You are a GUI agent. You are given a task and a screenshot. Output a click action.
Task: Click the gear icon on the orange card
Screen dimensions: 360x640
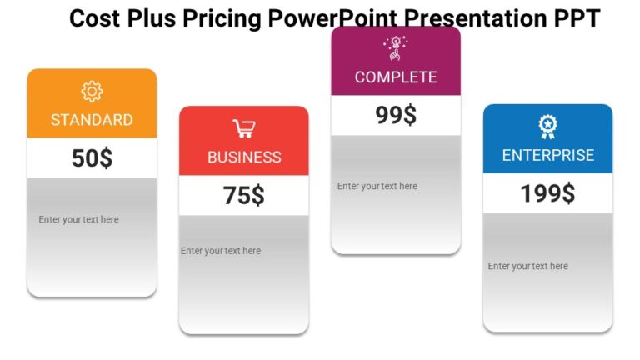(92, 92)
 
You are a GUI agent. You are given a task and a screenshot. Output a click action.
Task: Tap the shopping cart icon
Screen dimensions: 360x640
(244, 128)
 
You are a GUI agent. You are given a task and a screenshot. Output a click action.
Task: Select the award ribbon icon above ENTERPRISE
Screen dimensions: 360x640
(547, 127)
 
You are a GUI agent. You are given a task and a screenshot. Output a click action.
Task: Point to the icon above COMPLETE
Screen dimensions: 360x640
(396, 48)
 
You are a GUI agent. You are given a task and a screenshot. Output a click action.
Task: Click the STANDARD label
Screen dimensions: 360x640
(92, 120)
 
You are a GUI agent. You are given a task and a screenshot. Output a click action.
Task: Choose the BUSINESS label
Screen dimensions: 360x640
(244, 157)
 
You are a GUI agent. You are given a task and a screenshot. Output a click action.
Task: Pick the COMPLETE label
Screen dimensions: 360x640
(396, 77)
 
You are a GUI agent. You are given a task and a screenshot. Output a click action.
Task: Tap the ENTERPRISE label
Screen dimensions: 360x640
(547, 156)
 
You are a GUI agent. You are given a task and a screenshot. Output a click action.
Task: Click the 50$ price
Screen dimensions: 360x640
(92, 158)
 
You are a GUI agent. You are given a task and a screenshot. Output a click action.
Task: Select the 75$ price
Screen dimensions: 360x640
(244, 196)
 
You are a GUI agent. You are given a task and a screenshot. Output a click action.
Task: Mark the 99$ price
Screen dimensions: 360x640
(396, 116)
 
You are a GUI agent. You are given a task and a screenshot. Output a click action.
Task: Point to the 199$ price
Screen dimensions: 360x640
(547, 193)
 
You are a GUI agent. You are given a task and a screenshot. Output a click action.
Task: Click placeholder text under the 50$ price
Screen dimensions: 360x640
(78, 220)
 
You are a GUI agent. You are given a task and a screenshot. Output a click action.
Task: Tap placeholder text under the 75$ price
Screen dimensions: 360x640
(221, 251)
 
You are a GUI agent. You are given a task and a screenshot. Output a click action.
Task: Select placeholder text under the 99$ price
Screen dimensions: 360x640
(377, 187)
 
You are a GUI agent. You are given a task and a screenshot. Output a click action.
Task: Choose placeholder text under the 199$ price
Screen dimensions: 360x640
(528, 267)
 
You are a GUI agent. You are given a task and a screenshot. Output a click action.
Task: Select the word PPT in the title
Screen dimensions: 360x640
(575, 18)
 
